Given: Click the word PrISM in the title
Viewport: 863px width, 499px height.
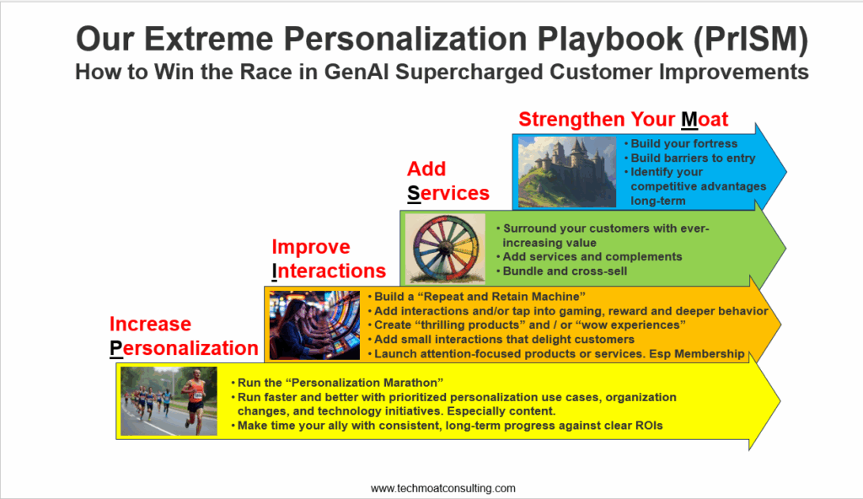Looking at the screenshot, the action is [x=751, y=39].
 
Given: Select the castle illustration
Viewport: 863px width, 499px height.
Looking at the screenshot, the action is [x=567, y=172].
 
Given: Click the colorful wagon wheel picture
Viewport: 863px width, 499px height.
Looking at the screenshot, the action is [x=445, y=249].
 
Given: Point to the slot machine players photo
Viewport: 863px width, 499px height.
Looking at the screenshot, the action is [x=314, y=325].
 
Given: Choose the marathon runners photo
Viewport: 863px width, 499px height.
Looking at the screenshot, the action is [x=169, y=401].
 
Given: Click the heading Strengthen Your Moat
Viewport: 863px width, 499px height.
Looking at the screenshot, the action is [x=623, y=119].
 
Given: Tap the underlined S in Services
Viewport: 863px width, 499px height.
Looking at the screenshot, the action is [x=414, y=193].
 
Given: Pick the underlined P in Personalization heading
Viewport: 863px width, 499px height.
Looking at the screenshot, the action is [x=116, y=348].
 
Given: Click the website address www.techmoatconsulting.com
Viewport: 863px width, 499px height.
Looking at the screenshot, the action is [x=443, y=488].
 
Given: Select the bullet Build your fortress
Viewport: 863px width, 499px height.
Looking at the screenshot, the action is [x=683, y=143].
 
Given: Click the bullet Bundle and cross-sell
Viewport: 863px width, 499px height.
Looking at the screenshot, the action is [x=565, y=271].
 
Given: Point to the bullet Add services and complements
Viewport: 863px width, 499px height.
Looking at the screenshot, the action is [x=592, y=256].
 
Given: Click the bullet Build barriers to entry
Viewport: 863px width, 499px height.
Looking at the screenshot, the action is [x=693, y=158].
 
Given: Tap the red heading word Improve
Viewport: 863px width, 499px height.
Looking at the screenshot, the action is [x=311, y=247].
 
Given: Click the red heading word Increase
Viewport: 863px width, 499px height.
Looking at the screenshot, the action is [x=150, y=324].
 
